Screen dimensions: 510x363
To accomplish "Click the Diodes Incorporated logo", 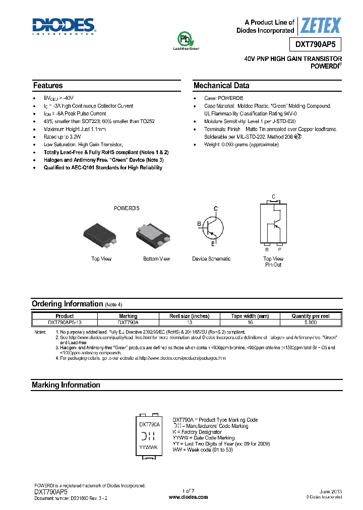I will pos(64,26).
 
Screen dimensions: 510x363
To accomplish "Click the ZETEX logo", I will pos(320,25).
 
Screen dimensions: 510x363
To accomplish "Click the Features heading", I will pos(48,86).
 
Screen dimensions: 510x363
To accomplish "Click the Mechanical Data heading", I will pos(221,86).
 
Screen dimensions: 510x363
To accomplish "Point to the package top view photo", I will pos(101,235).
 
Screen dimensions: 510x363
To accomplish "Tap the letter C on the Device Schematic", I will pos(215,208).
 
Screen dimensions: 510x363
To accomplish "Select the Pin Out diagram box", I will pos(273,223).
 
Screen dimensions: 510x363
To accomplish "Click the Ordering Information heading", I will pos(67,304).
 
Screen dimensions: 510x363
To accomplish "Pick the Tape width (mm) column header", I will pos(250,316).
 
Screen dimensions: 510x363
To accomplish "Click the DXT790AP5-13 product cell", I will pos(65,322).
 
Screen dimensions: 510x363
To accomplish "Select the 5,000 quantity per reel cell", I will pos(311,322).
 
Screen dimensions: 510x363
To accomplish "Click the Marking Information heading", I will pos(66,385).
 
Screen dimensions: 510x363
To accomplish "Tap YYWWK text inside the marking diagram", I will pos(148,447).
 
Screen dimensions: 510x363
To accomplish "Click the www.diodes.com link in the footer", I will pos(188,497).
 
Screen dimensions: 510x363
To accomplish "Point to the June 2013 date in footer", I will pos(331,491).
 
